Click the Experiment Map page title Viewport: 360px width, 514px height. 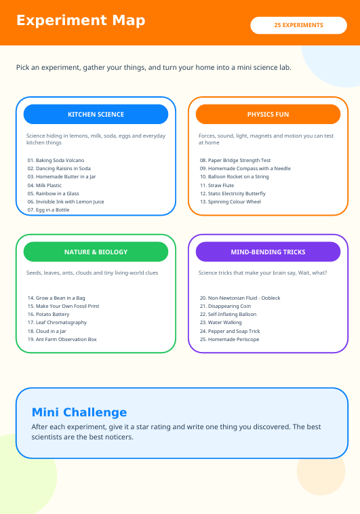pos(81,20)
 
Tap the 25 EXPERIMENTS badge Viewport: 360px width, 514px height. pos(299,25)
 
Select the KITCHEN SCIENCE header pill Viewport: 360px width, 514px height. pos(96,114)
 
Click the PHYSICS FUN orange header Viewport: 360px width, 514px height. pos(268,114)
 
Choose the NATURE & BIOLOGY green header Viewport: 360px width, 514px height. pos(96,252)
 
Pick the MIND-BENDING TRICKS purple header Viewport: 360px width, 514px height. pos(268,252)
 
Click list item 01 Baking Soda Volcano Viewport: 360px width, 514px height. pos(56,160)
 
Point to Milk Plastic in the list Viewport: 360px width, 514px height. pos(45,185)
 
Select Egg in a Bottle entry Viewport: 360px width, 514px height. pos(49,210)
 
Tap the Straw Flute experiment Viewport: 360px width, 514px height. pos(217,185)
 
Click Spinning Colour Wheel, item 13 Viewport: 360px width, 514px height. pos(231,201)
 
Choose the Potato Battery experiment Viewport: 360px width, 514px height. pos(49,314)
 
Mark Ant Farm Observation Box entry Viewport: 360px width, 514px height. pos(62,339)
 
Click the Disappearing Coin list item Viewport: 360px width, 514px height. pos(225,307)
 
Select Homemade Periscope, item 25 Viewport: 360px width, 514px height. pos(230,339)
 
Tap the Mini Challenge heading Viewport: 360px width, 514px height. pos(79,412)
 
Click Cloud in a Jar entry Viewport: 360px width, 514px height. pos(47,331)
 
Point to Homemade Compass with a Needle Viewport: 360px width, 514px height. pos(245,168)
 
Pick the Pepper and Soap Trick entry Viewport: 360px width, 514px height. pos(230,331)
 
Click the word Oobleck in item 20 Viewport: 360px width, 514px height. pos(271,298)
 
